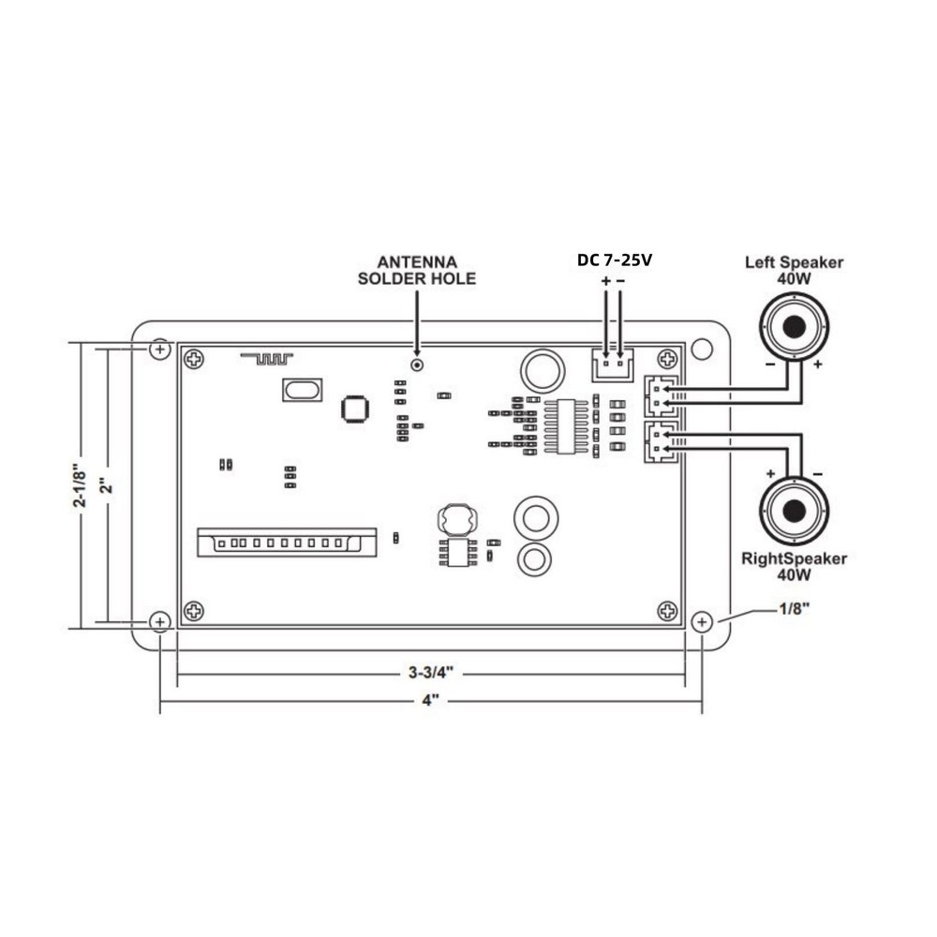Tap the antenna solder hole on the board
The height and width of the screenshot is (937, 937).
pos(416,364)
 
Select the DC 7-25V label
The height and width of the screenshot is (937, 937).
pos(614,260)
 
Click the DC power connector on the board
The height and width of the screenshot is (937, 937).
pos(611,364)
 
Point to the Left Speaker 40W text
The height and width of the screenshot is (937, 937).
pos(794,270)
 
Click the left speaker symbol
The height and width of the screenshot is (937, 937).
pos(794,327)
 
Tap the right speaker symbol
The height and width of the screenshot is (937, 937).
pos(794,511)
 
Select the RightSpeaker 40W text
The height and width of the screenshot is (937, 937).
pos(794,566)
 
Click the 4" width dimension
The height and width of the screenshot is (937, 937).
pos(430,701)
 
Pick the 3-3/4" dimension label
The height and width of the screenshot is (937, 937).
pos(430,673)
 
